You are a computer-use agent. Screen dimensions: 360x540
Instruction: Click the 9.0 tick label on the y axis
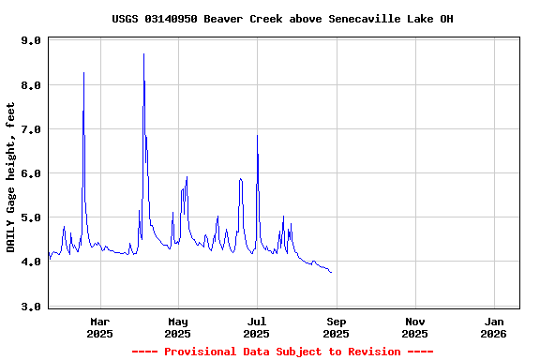pyautogui.click(x=31, y=41)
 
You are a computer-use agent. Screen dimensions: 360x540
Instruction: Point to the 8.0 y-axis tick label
pyautogui.click(x=31, y=85)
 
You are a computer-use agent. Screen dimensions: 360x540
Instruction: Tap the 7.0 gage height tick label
pyautogui.click(x=31, y=129)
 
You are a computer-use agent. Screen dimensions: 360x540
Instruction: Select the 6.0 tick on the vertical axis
pyautogui.click(x=31, y=173)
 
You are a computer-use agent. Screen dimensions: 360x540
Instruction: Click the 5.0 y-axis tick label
pyautogui.click(x=31, y=218)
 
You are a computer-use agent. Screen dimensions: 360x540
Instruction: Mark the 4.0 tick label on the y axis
pyautogui.click(x=31, y=262)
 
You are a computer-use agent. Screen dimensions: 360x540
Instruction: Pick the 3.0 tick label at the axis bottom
pyautogui.click(x=31, y=307)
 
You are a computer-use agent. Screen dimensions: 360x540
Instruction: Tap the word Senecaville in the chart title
pyautogui.click(x=367, y=19)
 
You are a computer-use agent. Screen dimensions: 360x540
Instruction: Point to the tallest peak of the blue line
pyautogui.click(x=143, y=54)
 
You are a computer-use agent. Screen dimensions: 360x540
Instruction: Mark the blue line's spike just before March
pyautogui.click(x=83, y=72)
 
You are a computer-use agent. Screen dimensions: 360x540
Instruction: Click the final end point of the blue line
pyautogui.click(x=332, y=273)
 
